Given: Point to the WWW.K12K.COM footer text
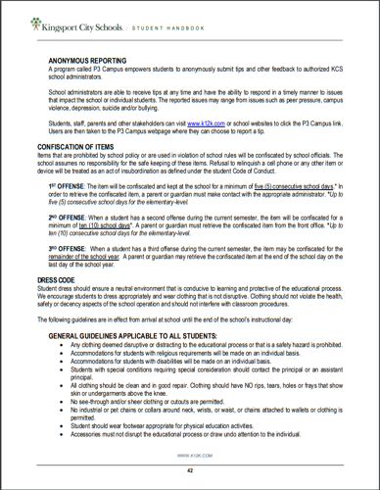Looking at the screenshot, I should click(x=190, y=456).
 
